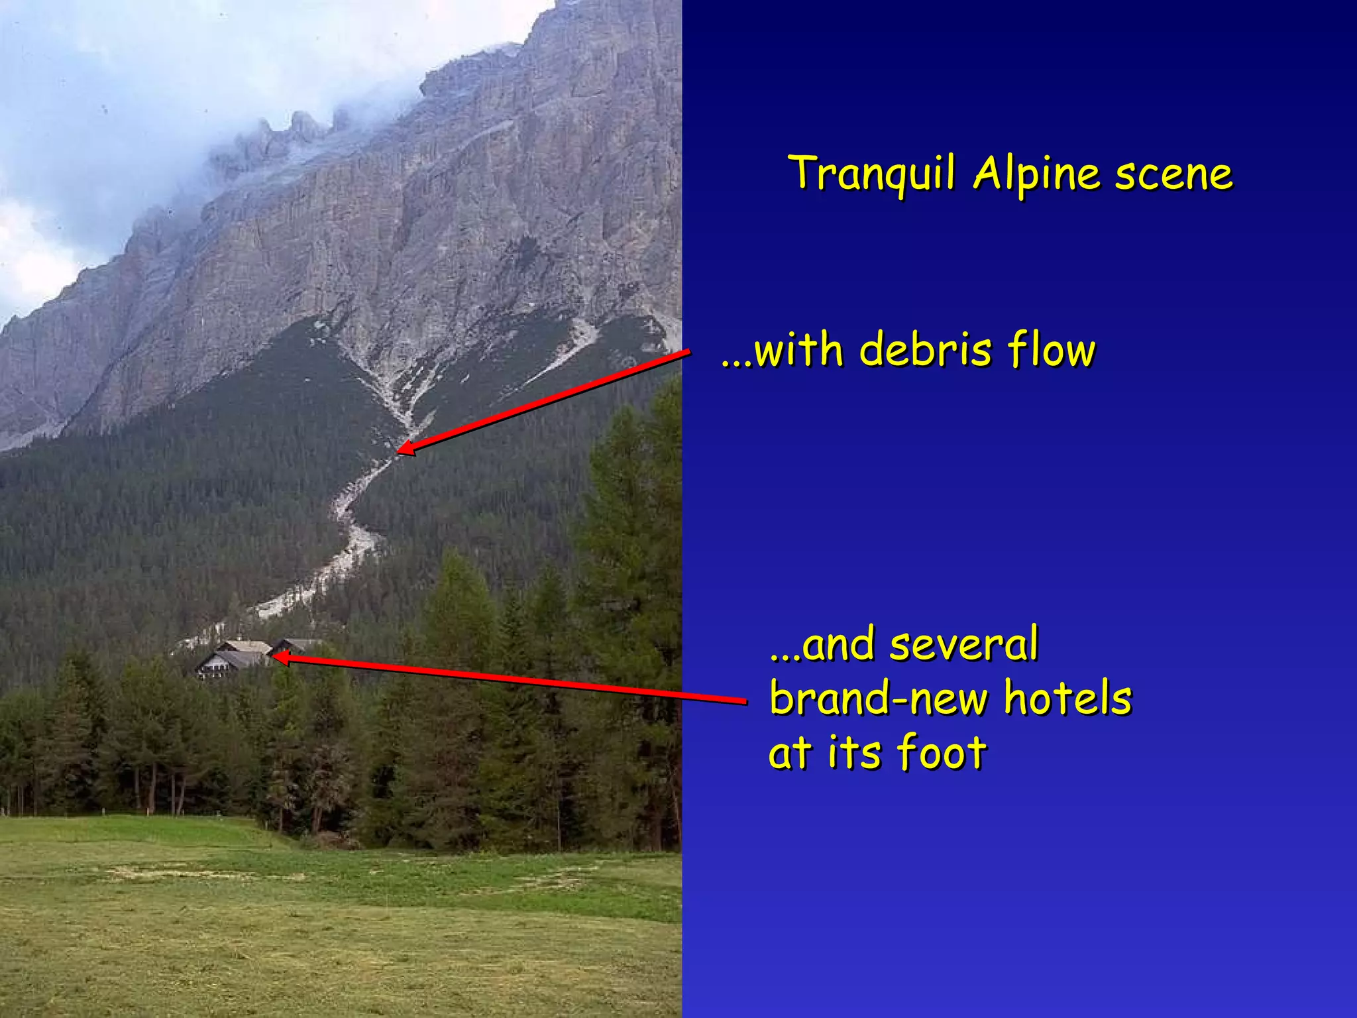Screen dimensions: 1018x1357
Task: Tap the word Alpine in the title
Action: point(1036,174)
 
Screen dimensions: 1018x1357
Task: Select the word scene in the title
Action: point(1173,174)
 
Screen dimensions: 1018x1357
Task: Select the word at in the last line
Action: point(788,754)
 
